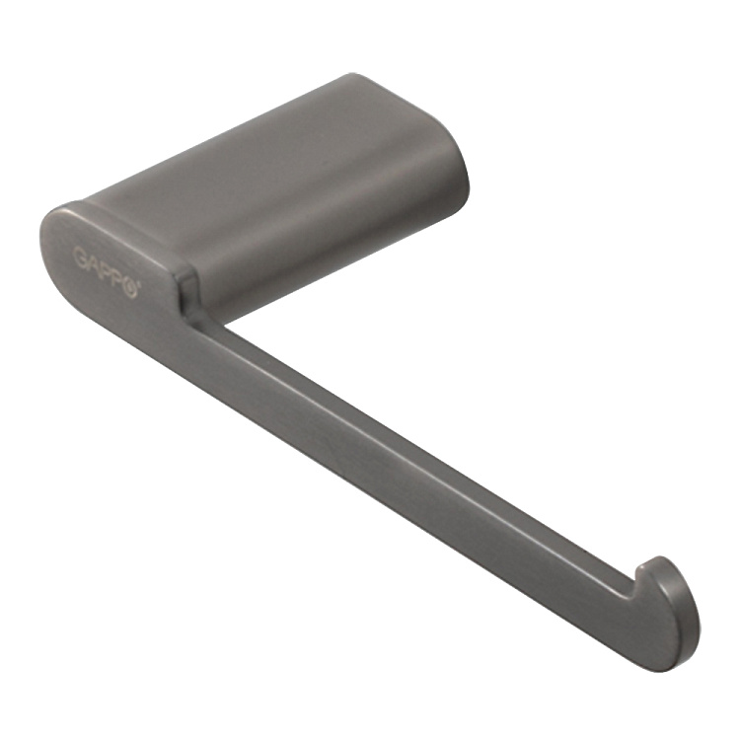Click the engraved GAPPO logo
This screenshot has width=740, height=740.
pos(106,272)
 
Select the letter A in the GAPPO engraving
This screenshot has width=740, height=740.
pos(93,263)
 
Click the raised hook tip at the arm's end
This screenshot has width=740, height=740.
pos(653,562)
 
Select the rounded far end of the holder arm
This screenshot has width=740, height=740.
pos(680,628)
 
